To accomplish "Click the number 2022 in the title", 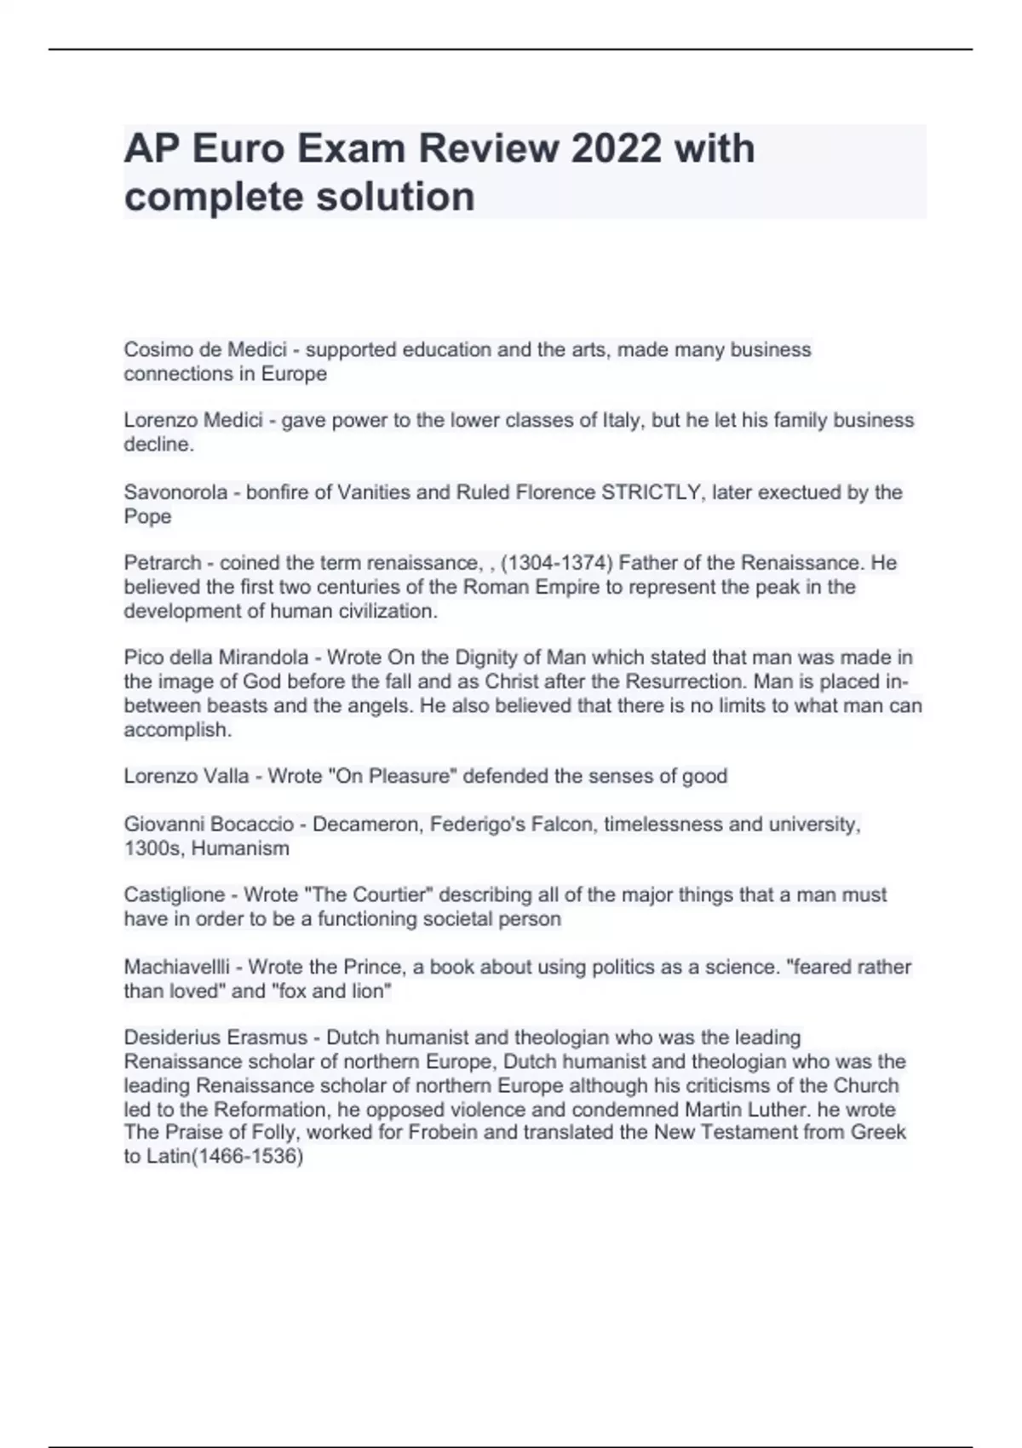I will pos(616,149).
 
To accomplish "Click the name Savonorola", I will pos(175,492).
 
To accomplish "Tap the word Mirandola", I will pos(263,658).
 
